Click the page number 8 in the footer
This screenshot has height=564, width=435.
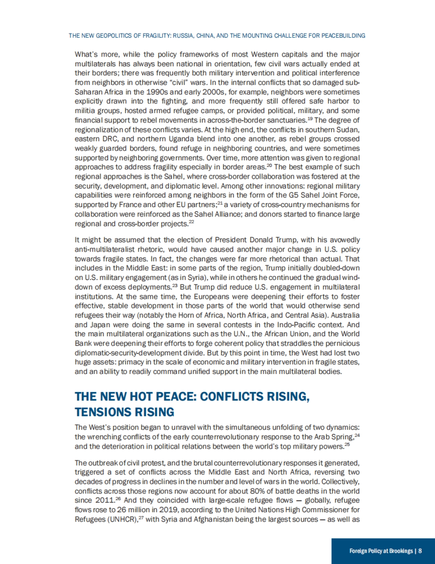point(420,551)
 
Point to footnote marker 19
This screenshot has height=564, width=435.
point(310,118)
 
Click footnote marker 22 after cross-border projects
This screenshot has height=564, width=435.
point(191,222)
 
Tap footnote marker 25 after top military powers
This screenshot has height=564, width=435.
point(347,444)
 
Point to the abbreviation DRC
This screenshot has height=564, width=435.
point(109,139)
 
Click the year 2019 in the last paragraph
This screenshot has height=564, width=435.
point(168,510)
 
